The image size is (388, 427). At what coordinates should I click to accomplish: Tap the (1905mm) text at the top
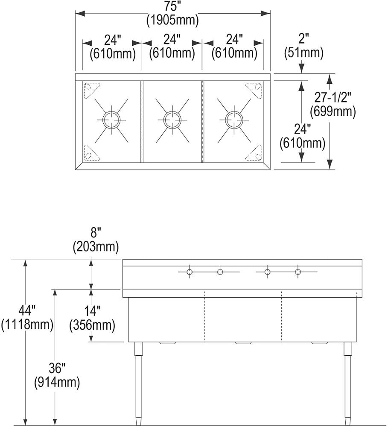[x=172, y=20]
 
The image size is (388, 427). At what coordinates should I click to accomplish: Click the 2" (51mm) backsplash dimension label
[x=303, y=46]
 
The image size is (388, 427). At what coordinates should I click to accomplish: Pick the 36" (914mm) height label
[x=57, y=375]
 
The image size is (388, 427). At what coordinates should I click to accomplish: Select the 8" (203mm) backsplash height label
[x=96, y=240]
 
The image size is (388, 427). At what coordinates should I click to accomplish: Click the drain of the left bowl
[x=111, y=119]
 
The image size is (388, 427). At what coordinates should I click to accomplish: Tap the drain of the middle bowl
[x=172, y=119]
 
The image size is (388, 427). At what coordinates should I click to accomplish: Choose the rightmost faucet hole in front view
[x=298, y=272]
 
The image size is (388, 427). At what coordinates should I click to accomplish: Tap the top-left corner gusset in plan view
[x=90, y=88]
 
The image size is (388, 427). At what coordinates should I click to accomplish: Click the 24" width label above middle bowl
[x=172, y=40]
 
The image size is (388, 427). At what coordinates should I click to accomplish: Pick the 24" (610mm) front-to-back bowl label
[x=302, y=136]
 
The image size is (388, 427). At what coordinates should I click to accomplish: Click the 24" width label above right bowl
[x=234, y=40]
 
